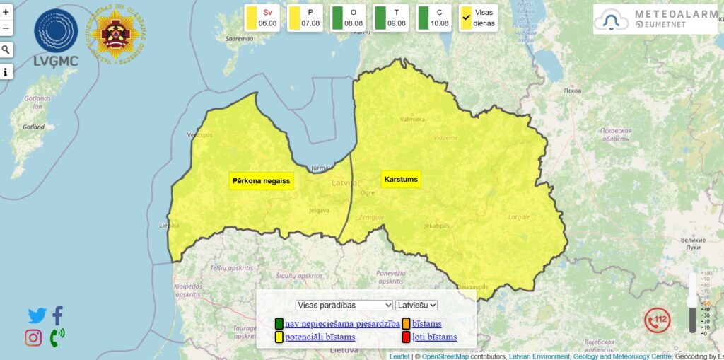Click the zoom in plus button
6,12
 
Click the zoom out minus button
6,28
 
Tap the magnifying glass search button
6,50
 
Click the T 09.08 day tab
391,18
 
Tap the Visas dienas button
478,18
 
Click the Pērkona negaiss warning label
261,181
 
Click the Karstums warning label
401,180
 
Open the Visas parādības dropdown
344,305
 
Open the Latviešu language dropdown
417,305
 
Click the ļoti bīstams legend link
434,337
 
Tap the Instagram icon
33,338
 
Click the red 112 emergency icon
657,320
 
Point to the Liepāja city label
170,226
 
